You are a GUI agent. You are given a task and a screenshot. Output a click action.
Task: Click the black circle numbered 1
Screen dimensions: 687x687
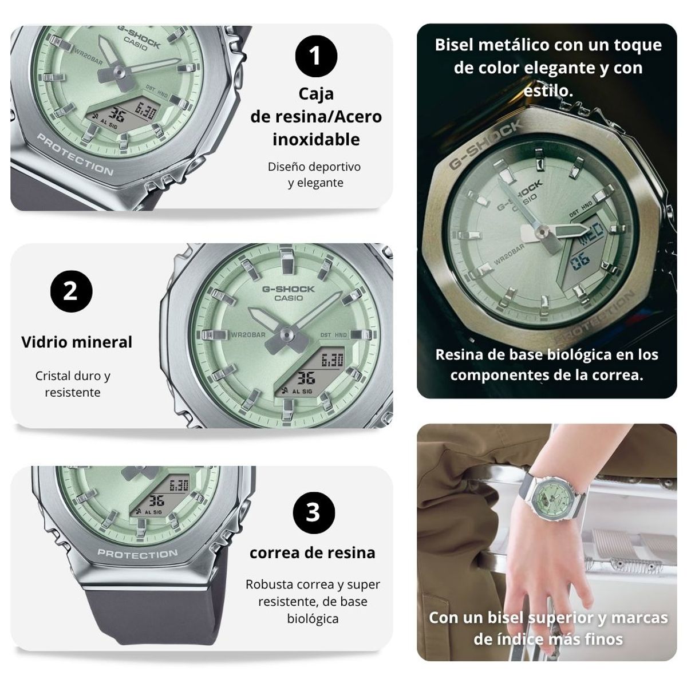315,56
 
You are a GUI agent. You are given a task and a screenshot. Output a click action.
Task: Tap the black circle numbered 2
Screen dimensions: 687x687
71,291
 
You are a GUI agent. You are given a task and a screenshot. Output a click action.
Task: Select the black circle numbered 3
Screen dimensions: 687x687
313,512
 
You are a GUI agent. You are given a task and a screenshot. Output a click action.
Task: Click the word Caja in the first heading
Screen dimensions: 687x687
316,93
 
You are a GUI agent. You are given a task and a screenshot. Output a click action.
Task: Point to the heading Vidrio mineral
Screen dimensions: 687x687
77,342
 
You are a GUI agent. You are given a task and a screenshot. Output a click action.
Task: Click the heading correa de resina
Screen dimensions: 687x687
313,552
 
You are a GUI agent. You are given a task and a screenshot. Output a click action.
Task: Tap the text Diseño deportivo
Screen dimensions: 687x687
314,167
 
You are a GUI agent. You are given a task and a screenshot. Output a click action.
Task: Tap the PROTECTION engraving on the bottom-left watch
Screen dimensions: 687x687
137,554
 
